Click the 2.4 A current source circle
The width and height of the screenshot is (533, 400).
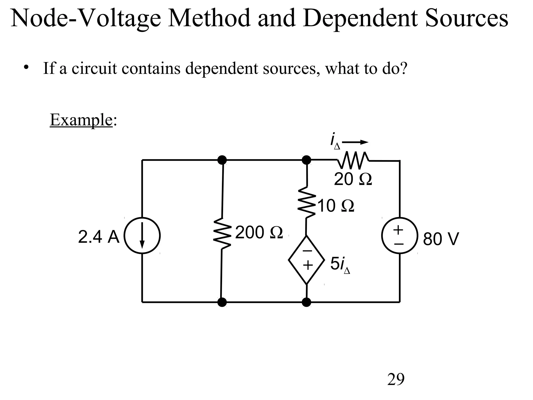pyautogui.click(x=142, y=235)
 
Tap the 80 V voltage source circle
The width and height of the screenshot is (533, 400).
pyautogui.click(x=399, y=235)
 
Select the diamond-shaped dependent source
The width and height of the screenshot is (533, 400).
pyautogui.click(x=307, y=260)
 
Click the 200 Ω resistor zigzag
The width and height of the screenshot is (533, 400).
pyautogui.click(x=222, y=233)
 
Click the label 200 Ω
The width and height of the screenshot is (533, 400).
pyautogui.click(x=259, y=233)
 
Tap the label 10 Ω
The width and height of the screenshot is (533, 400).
pyautogui.click(x=336, y=206)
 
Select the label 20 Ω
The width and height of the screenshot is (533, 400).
pyautogui.click(x=353, y=179)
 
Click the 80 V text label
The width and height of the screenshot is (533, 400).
pyautogui.click(x=441, y=239)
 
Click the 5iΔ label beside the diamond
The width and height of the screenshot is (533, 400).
pyautogui.click(x=340, y=265)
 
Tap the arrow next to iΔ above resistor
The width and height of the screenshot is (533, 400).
pyautogui.click(x=355, y=142)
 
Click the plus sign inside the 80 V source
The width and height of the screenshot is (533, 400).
pyautogui.click(x=398, y=230)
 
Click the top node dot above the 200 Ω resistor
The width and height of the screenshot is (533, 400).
pyautogui.click(x=222, y=160)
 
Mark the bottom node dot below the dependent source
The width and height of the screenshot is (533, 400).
pyautogui.click(x=307, y=302)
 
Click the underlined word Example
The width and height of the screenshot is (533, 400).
pyautogui.click(x=81, y=120)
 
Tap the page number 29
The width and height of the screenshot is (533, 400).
pyautogui.click(x=396, y=379)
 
